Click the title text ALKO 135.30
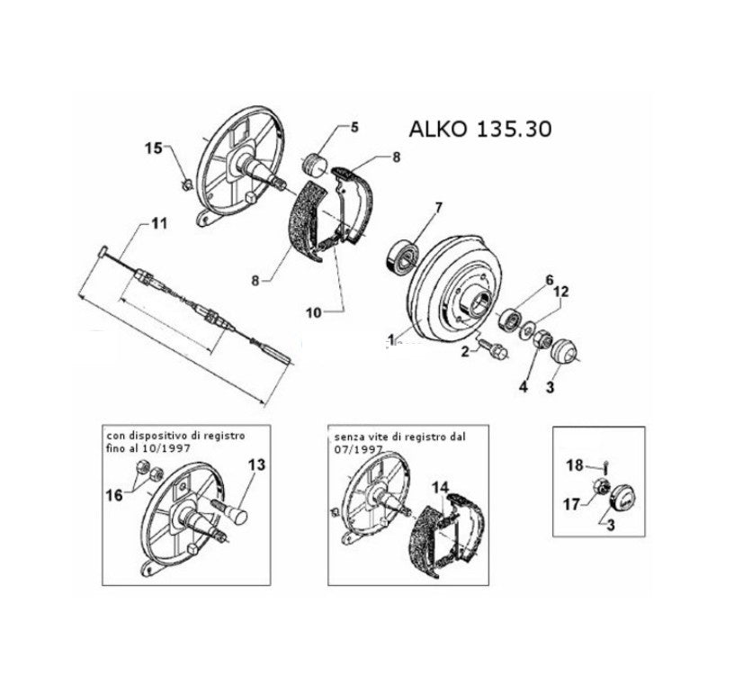479,129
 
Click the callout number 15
154,149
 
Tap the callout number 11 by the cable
159,223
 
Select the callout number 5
354,127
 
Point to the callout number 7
438,207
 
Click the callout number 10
314,313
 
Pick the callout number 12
561,292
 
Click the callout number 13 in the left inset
256,464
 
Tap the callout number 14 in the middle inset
440,487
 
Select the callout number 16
114,495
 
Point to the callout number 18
575,465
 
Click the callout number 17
572,504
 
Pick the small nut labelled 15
185,183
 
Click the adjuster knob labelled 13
233,513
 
